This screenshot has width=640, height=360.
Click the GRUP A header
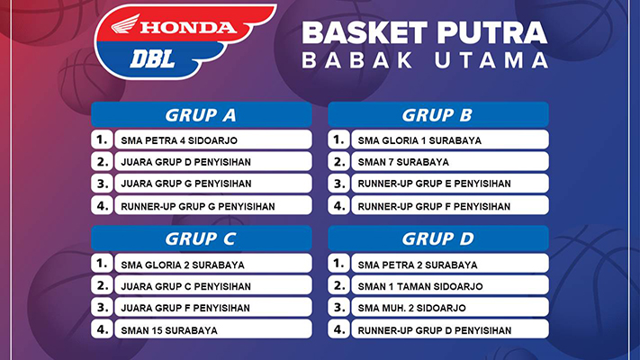(202, 114)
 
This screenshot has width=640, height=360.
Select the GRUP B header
(438, 114)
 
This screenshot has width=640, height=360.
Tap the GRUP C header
(202, 238)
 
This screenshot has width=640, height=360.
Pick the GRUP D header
(438, 238)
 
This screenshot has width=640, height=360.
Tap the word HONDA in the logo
(188, 27)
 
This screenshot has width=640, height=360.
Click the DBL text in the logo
(153, 59)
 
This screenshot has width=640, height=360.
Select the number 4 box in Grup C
(102, 329)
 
